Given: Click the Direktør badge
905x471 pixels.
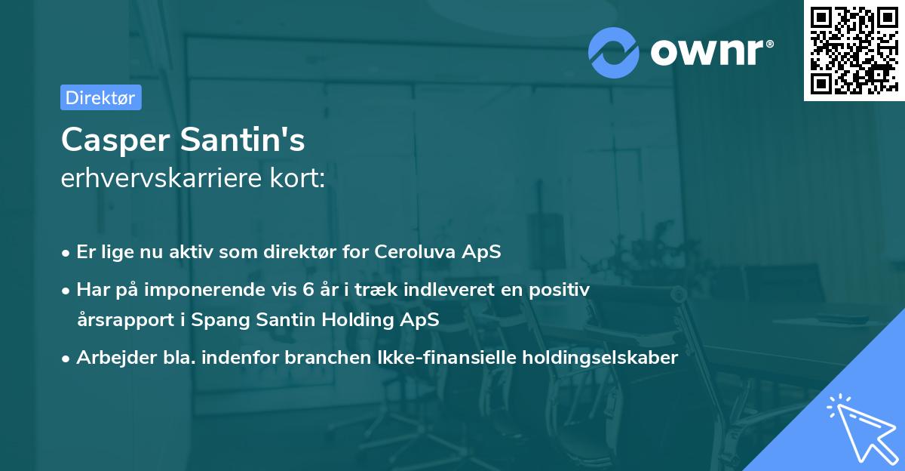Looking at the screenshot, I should (100, 97).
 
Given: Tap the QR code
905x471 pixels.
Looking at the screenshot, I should (850, 50).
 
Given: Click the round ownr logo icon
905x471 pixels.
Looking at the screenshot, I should (614, 53).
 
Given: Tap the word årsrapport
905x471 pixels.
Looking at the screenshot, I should (121, 319).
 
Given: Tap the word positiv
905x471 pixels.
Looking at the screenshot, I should (562, 289).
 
